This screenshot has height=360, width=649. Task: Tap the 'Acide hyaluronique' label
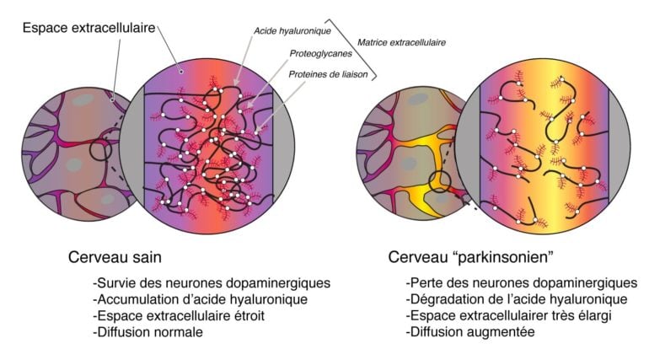(292, 30)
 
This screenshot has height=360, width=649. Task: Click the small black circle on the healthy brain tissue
(101, 150)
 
